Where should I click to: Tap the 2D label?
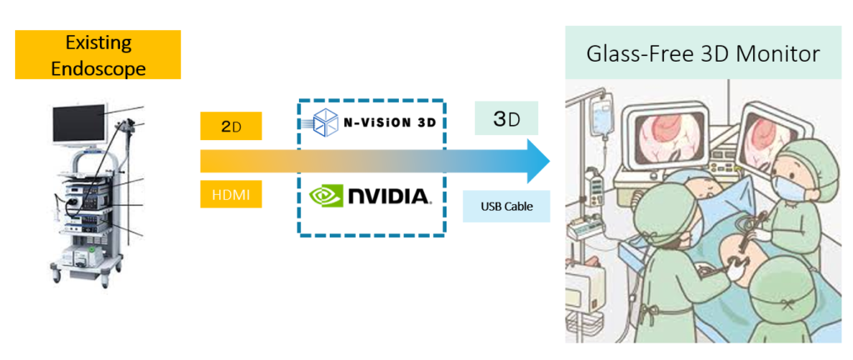coord(232,127)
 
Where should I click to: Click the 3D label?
coord(506,118)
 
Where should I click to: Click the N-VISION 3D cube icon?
coord(323,122)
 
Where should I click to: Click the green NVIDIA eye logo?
coord(327,197)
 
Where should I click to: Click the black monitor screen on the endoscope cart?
coord(79,122)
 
